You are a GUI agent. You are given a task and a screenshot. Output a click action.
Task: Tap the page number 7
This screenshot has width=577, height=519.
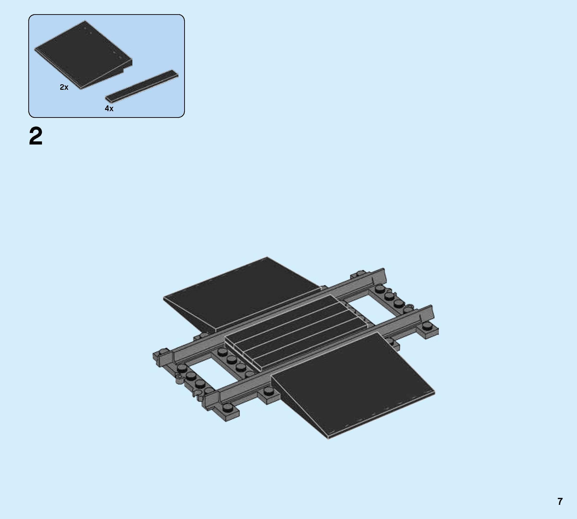[x=560, y=501]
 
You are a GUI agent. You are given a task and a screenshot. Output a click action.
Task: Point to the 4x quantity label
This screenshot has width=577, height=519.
[x=109, y=108]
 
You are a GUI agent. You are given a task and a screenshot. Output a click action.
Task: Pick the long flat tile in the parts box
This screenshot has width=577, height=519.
[x=142, y=85]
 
